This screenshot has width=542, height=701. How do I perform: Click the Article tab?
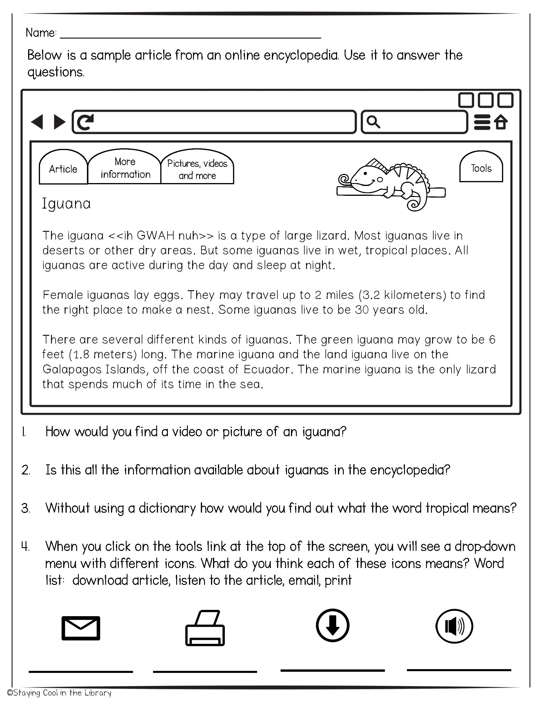(63, 169)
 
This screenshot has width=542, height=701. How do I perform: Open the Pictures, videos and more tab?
(197, 169)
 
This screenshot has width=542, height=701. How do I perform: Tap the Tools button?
(481, 168)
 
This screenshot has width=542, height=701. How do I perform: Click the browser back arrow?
(37, 122)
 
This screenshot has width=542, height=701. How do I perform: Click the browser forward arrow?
(59, 122)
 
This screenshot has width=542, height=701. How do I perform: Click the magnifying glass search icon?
(373, 122)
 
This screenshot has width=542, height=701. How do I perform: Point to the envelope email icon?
(81, 628)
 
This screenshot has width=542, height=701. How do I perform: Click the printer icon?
(205, 628)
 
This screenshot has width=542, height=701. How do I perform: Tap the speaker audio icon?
(454, 626)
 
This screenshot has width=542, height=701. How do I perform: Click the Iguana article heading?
(66, 204)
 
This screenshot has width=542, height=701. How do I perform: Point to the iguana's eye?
(365, 174)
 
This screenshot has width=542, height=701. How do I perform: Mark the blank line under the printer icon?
(205, 671)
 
